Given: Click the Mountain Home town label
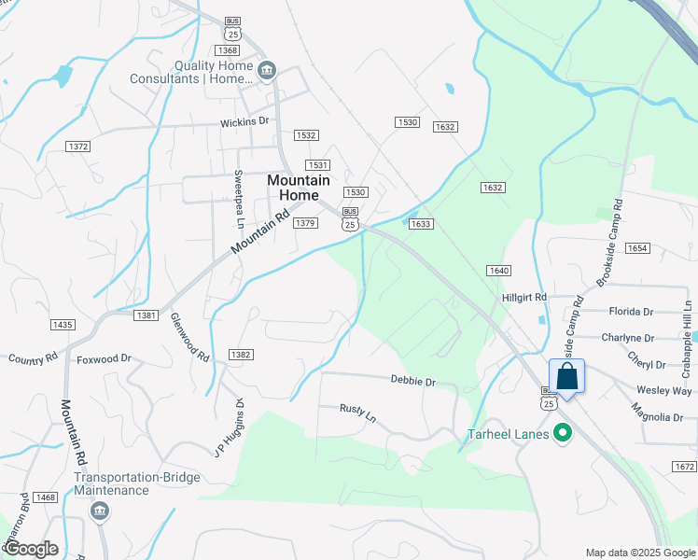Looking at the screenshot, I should [299, 188].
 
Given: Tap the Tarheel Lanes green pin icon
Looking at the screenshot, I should [562, 433].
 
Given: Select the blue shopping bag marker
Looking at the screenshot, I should [566, 377].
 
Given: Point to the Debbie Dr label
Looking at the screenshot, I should [413, 382].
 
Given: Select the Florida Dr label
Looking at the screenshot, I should [631, 312].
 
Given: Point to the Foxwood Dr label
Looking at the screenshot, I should [105, 358].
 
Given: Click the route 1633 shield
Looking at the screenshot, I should [421, 224].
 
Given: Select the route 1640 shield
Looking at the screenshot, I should [498, 271].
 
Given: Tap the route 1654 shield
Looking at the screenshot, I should [637, 248].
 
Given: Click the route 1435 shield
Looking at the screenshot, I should [63, 324].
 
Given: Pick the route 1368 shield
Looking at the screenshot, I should [227, 50].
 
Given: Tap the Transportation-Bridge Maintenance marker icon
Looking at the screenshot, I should [100, 511].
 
